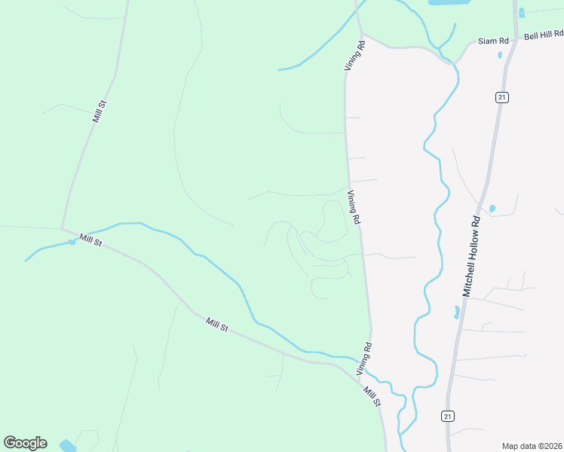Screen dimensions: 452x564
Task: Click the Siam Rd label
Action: tap(494, 40)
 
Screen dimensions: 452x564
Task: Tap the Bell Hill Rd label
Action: tap(544, 35)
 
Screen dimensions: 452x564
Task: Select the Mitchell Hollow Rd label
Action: tap(472, 257)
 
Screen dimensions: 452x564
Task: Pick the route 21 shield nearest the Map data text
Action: tap(447, 415)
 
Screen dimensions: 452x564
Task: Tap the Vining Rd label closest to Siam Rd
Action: tap(354, 56)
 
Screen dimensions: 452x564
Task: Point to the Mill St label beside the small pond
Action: tap(91, 240)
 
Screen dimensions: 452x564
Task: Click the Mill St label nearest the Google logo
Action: tap(217, 324)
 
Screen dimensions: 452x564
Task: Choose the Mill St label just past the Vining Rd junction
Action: tap(372, 396)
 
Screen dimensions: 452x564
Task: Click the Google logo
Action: tap(25, 442)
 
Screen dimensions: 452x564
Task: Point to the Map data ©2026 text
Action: tap(532, 446)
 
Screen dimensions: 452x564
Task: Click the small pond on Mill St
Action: tap(72, 241)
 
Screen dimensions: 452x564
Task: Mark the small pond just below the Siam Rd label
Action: tap(499, 55)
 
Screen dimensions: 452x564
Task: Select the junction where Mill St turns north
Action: tap(62, 229)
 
